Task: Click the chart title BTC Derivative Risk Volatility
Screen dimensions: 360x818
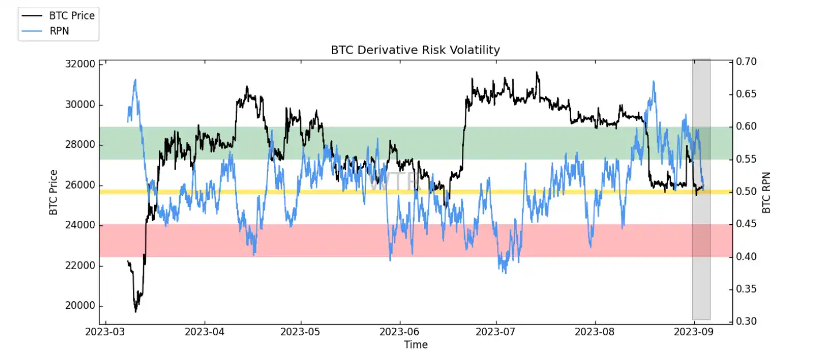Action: coord(415,50)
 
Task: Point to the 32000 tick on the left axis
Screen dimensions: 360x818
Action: coord(79,64)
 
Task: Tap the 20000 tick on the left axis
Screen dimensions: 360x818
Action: coord(79,306)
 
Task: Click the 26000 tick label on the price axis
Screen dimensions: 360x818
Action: coord(79,185)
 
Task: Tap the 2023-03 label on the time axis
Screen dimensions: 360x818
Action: coord(106,332)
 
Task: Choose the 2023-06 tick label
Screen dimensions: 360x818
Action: coord(399,332)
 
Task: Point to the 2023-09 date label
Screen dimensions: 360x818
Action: coord(694,332)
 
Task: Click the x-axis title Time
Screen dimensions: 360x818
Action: coord(415,344)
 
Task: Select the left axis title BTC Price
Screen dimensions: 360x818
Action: coord(53,192)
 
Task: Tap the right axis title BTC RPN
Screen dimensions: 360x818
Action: coord(766,192)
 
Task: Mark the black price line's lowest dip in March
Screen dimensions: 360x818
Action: coord(136,311)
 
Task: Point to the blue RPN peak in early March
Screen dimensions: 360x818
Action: coord(135,80)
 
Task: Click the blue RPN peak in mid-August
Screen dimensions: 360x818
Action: coord(653,82)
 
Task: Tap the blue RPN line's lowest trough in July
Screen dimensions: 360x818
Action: coord(505,272)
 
